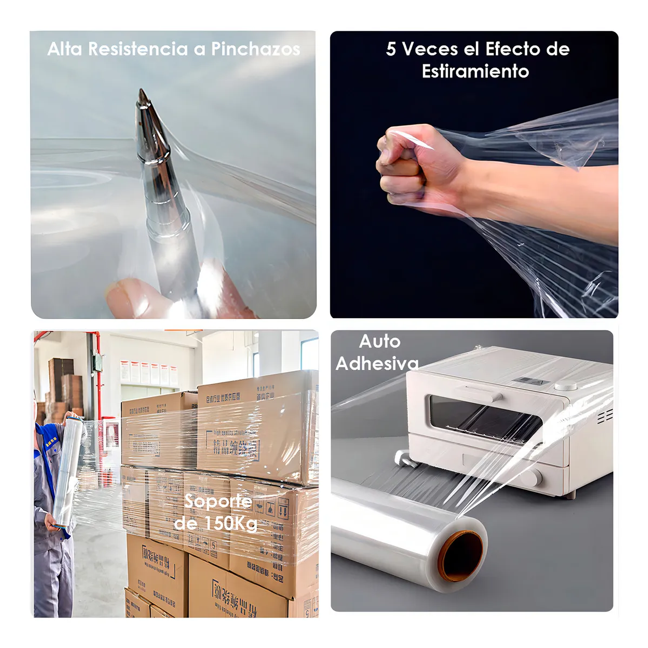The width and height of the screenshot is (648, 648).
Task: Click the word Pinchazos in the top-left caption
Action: pos(255,49)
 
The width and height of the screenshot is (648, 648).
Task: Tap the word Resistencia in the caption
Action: pos(138,49)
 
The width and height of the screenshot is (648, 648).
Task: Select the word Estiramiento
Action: pos(475,71)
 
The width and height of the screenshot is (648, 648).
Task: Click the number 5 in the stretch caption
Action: pos(391,49)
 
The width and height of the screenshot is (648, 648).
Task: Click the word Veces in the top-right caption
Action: pos(430,49)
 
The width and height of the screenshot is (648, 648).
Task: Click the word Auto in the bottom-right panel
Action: pos(380,341)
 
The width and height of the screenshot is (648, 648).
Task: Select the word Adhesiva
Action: pos(377,364)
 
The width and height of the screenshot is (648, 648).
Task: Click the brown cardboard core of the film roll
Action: pos(460,561)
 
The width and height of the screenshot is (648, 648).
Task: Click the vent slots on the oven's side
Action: pos(605,416)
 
